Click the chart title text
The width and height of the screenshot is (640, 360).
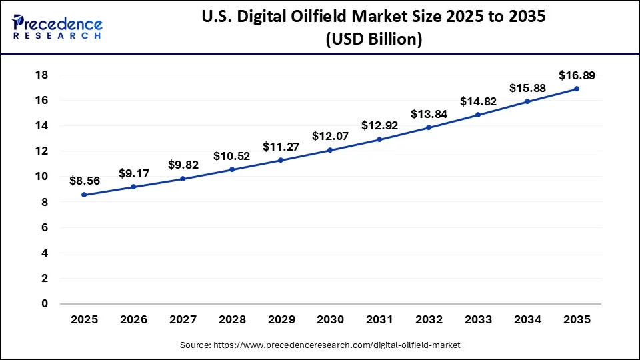click(x=373, y=28)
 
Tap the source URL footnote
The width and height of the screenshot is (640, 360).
click(x=320, y=345)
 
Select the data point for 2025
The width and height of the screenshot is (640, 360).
click(x=84, y=195)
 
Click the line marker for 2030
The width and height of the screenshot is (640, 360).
click(x=331, y=150)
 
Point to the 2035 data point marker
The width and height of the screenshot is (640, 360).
click(x=577, y=89)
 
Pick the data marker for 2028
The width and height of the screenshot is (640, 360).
click(x=232, y=169)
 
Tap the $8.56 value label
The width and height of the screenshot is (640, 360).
click(x=85, y=180)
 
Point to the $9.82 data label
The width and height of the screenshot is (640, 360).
click(x=183, y=165)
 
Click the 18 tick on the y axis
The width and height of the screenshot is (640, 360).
click(x=41, y=75)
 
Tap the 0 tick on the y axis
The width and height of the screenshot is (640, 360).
click(x=45, y=303)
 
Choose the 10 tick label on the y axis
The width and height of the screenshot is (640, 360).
click(x=41, y=176)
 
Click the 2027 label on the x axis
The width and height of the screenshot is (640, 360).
click(x=183, y=320)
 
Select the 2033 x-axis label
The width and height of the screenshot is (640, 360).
click(x=478, y=320)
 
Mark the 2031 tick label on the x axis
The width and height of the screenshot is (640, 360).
click(x=379, y=320)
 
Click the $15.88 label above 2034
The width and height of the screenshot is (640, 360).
click(x=527, y=88)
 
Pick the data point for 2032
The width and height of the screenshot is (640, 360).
click(x=429, y=127)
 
